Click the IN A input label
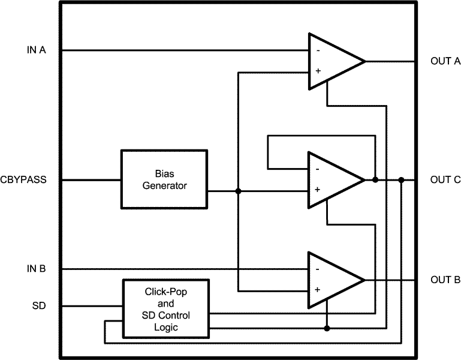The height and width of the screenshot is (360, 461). (x=36, y=50)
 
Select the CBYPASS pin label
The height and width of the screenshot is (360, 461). (x=28, y=180)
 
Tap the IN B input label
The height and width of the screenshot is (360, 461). (x=36, y=269)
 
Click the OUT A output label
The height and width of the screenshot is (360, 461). (x=445, y=61)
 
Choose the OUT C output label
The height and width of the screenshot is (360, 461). (x=445, y=179)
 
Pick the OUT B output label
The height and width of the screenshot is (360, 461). (x=445, y=280)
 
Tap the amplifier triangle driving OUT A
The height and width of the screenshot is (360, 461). (x=332, y=61)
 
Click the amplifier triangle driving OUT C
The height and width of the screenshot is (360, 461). (x=332, y=180)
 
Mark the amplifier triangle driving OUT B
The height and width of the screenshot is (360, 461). (x=332, y=280)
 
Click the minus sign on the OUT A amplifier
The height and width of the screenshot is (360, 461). (x=317, y=51)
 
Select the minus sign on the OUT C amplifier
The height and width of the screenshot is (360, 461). (x=317, y=170)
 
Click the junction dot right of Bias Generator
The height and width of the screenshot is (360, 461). (x=239, y=191)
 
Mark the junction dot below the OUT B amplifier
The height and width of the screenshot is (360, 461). (x=327, y=328)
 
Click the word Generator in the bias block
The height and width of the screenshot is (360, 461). (x=165, y=185)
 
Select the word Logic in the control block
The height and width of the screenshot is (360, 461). (x=165, y=327)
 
